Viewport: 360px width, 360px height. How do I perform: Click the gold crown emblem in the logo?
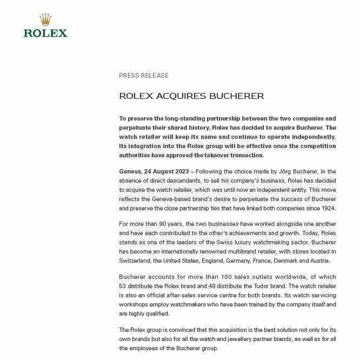(x=45, y=19)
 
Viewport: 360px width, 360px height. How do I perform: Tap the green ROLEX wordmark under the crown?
(x=45, y=33)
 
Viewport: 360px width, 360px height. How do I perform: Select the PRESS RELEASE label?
(x=144, y=76)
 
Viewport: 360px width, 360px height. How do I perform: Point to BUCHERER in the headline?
(x=237, y=96)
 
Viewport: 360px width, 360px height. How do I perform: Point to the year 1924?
(x=328, y=208)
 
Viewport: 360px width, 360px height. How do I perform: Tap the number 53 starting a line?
(x=123, y=286)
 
